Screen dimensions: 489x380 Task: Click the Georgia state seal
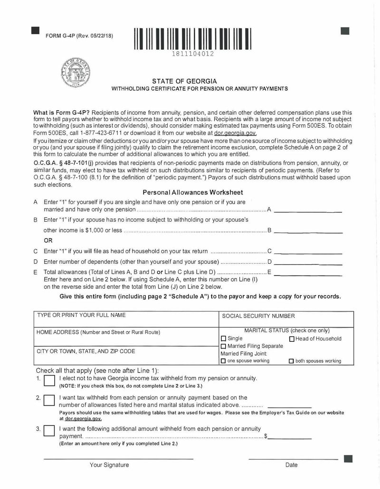coord(76,74)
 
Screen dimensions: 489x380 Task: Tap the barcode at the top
coord(193,39)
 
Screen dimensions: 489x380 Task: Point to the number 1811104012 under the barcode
coord(193,54)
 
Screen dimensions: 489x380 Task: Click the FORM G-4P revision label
coord(79,36)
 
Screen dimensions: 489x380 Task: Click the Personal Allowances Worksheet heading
coord(193,192)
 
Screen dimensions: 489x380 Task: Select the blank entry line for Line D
coord(308,263)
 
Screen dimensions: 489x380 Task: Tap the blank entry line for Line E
coord(308,275)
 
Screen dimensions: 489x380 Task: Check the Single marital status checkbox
coord(223,339)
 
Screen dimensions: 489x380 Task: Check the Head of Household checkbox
coord(292,339)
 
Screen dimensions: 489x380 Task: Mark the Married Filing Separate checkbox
coord(223,346)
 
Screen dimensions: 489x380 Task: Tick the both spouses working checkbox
coord(292,361)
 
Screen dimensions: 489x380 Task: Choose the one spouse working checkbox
coord(223,361)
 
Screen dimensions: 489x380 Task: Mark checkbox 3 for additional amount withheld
coord(49,431)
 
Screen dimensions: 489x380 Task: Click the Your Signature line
coord(118,458)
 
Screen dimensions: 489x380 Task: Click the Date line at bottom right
coord(293,459)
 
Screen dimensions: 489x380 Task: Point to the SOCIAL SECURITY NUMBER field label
coord(258,316)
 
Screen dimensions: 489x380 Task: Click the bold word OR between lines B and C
coord(48,240)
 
